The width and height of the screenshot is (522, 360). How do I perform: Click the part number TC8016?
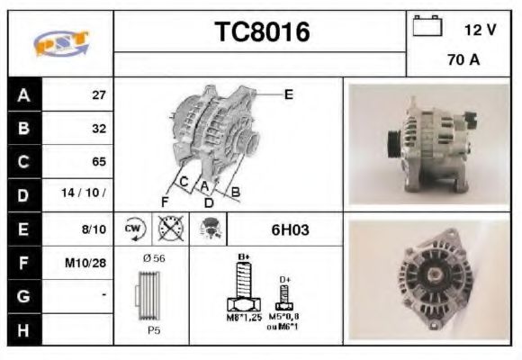pyautogui.click(x=261, y=32)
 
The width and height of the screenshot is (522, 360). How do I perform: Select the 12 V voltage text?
pyautogui.click(x=480, y=30)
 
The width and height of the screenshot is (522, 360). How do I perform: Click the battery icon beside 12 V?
pyautogui.click(x=425, y=27)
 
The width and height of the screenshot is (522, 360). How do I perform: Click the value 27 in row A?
pyautogui.click(x=99, y=94)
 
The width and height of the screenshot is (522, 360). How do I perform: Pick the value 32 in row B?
pyautogui.click(x=99, y=128)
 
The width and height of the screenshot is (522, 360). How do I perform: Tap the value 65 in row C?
pyautogui.click(x=99, y=161)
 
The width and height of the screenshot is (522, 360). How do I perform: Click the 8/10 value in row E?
pyautogui.click(x=94, y=229)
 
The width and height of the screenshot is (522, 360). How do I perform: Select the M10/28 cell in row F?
pyautogui.click(x=88, y=262)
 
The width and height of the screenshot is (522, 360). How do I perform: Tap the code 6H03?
pyautogui.click(x=290, y=229)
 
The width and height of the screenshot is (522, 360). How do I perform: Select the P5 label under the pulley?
pyautogui.click(x=155, y=329)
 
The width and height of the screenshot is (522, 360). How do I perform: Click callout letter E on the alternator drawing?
pyautogui.click(x=288, y=94)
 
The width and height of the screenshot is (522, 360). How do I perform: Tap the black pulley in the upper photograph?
pyautogui.click(x=393, y=142)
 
